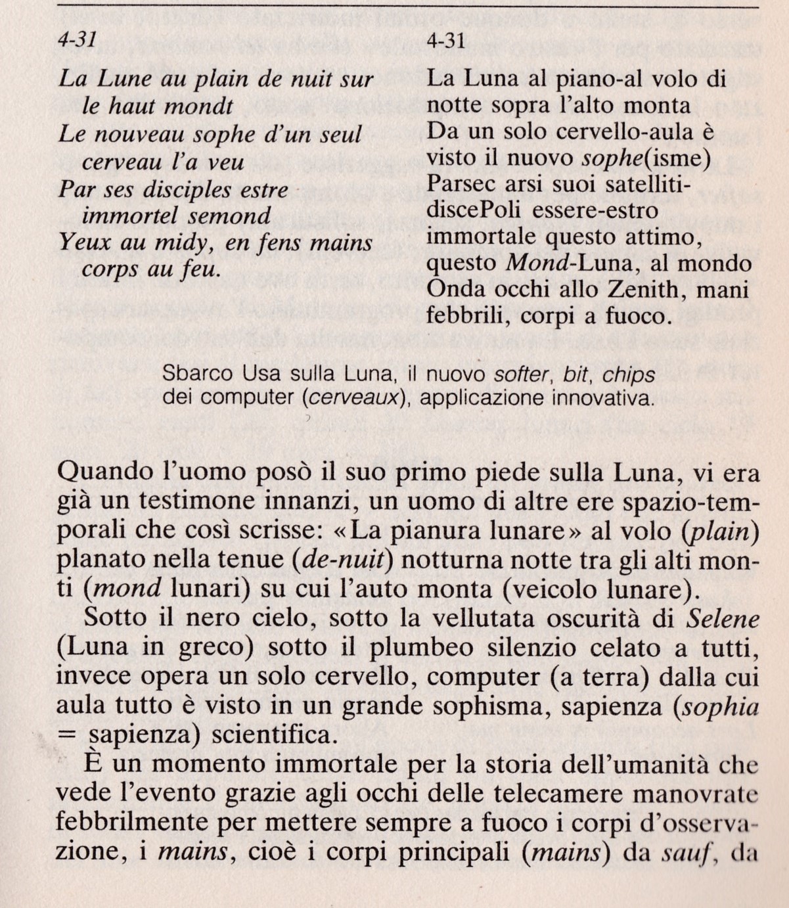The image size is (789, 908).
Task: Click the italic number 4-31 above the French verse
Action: coord(77,41)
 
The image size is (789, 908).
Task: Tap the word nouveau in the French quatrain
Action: coord(143,135)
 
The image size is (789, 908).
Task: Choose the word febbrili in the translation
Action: coord(468,317)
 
